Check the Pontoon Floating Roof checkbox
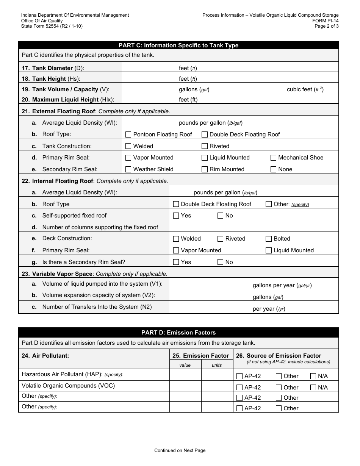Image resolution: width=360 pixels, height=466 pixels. point(128,134)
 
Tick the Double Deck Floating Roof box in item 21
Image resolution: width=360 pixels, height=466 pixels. point(205,134)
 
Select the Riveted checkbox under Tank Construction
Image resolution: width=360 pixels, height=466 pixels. point(205,146)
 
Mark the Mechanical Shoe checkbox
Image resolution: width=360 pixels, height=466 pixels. point(273,158)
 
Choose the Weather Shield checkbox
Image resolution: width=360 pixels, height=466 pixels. point(128,169)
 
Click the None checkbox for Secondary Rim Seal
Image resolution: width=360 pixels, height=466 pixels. point(273,169)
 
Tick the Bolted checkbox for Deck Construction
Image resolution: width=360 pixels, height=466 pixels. point(269,239)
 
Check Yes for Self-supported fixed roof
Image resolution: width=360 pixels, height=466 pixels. point(176,216)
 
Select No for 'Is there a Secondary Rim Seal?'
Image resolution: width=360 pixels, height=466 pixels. point(221,262)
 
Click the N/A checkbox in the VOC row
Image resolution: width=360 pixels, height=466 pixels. point(313,388)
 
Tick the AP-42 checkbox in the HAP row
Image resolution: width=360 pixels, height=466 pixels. point(239,376)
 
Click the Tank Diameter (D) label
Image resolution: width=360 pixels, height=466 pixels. point(58,68)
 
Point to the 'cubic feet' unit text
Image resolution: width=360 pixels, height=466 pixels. point(299,90)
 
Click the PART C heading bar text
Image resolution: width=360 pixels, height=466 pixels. point(178,45)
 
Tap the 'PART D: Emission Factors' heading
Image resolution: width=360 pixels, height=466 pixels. point(178,333)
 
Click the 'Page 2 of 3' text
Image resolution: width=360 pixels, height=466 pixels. point(327,26)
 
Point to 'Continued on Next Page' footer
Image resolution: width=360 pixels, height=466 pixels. point(180,450)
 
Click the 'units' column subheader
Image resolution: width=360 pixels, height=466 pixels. point(217,365)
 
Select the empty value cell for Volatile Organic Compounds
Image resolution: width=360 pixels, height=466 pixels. point(185,386)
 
